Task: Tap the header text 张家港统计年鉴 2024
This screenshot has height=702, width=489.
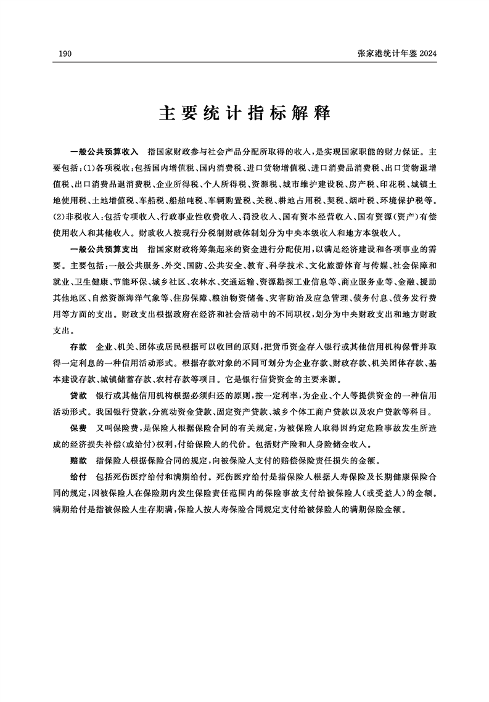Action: (x=397, y=55)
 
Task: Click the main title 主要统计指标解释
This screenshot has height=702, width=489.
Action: (x=245, y=114)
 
